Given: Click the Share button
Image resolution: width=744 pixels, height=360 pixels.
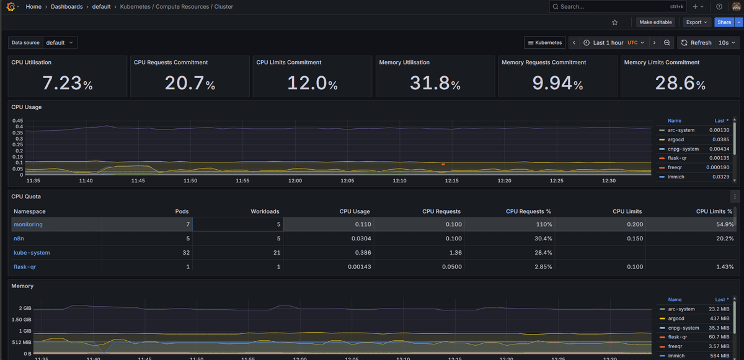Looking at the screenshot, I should coord(723,22).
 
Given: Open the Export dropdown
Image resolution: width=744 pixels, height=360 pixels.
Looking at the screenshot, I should coord(696,22).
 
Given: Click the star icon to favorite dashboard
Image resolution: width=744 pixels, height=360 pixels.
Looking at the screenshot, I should coord(614,22).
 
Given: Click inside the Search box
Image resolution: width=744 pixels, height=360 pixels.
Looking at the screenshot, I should coord(611,7).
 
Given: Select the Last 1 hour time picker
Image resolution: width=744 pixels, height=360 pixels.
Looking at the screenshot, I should coord(608,43).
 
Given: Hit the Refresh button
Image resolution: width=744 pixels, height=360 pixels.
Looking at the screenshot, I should coord(696,43).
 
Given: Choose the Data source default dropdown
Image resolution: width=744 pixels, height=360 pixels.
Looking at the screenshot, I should coord(60,43).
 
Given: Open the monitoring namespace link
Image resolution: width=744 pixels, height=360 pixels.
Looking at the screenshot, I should coord(28,224).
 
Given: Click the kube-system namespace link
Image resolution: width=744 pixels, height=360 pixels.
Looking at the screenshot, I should coord(32,253).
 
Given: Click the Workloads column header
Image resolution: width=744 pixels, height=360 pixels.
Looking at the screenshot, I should coord(265,211).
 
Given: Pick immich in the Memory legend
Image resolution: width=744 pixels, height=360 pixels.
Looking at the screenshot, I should coord(676,356).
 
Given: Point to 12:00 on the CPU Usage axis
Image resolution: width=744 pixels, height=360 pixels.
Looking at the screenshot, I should coord(295,181).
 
